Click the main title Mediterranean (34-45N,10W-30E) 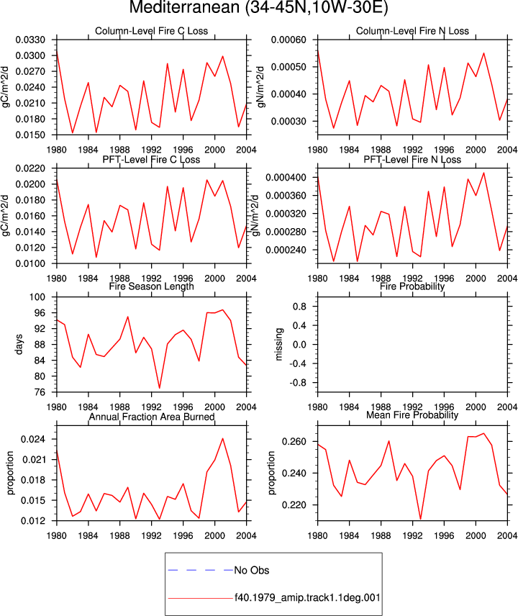coord(258,7)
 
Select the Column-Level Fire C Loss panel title coord(151,31)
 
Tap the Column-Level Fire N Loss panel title coord(412,31)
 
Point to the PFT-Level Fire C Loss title coord(151,160)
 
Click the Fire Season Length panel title coord(151,286)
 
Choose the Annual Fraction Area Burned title coord(152,417)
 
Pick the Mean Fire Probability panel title coord(412,415)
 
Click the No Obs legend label coord(252,570)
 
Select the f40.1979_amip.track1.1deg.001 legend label coord(307,597)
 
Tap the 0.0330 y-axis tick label coord(30,40)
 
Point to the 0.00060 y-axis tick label coord(288,40)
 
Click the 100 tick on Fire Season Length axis coord(37,297)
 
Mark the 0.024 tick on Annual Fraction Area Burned coord(33,439)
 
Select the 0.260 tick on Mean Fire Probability coord(294,442)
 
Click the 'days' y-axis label coord(19,345)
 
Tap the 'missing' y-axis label coord(279,344)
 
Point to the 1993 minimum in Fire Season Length coord(160,388)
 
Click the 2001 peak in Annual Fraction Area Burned coord(223,438)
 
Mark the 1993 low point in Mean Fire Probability coord(421,520)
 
